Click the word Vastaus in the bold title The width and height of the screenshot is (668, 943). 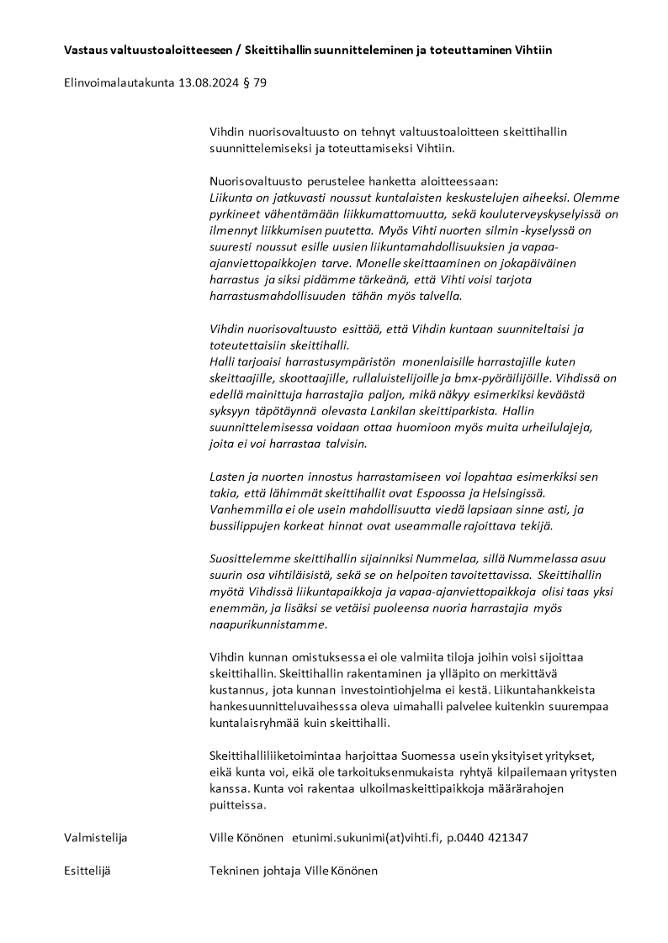86,50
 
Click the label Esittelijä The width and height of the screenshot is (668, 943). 87,871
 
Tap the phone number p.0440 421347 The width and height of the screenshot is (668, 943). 487,838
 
